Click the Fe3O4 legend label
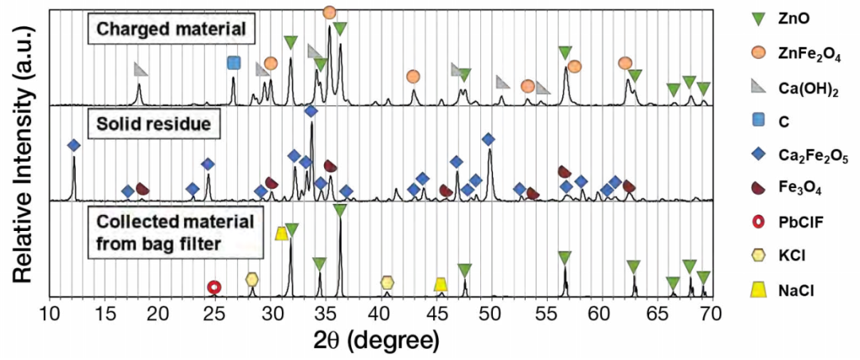(802, 187)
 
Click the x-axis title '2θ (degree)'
(381, 340)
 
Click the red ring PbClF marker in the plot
(213, 287)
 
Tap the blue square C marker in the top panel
(233, 63)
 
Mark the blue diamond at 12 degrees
(74, 146)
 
